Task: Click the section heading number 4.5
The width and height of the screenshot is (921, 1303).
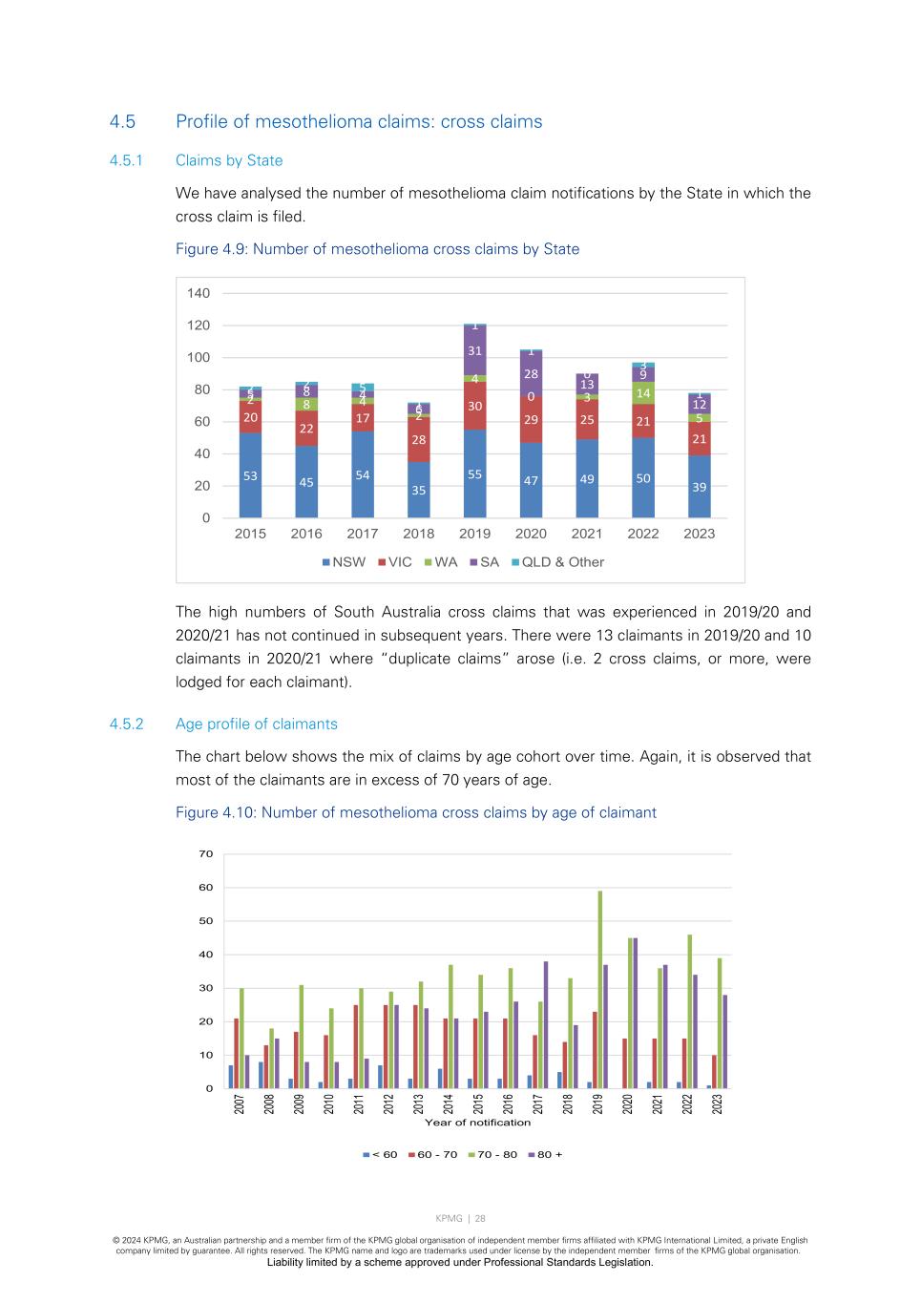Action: click(122, 122)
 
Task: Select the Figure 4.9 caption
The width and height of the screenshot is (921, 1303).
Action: click(377, 249)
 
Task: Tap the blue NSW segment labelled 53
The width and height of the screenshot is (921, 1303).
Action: click(250, 475)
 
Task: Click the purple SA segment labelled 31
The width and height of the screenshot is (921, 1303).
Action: click(474, 350)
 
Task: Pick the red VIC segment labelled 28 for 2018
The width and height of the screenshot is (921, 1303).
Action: click(418, 440)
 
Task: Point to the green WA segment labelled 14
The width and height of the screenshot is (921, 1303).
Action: click(643, 393)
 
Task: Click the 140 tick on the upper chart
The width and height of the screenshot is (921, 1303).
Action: click(199, 293)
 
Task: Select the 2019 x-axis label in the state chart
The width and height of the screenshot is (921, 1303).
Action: click(474, 534)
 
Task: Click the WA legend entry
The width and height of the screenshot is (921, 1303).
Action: click(440, 562)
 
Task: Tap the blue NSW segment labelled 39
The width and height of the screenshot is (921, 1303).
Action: click(699, 487)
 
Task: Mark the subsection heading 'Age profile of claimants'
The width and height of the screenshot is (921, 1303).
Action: click(256, 724)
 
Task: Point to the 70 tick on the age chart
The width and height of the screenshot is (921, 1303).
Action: click(206, 854)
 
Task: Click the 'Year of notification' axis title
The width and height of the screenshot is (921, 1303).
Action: click(477, 1123)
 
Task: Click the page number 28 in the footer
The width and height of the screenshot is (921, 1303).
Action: click(480, 1218)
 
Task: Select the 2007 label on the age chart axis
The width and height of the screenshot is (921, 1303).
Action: click(240, 1103)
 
